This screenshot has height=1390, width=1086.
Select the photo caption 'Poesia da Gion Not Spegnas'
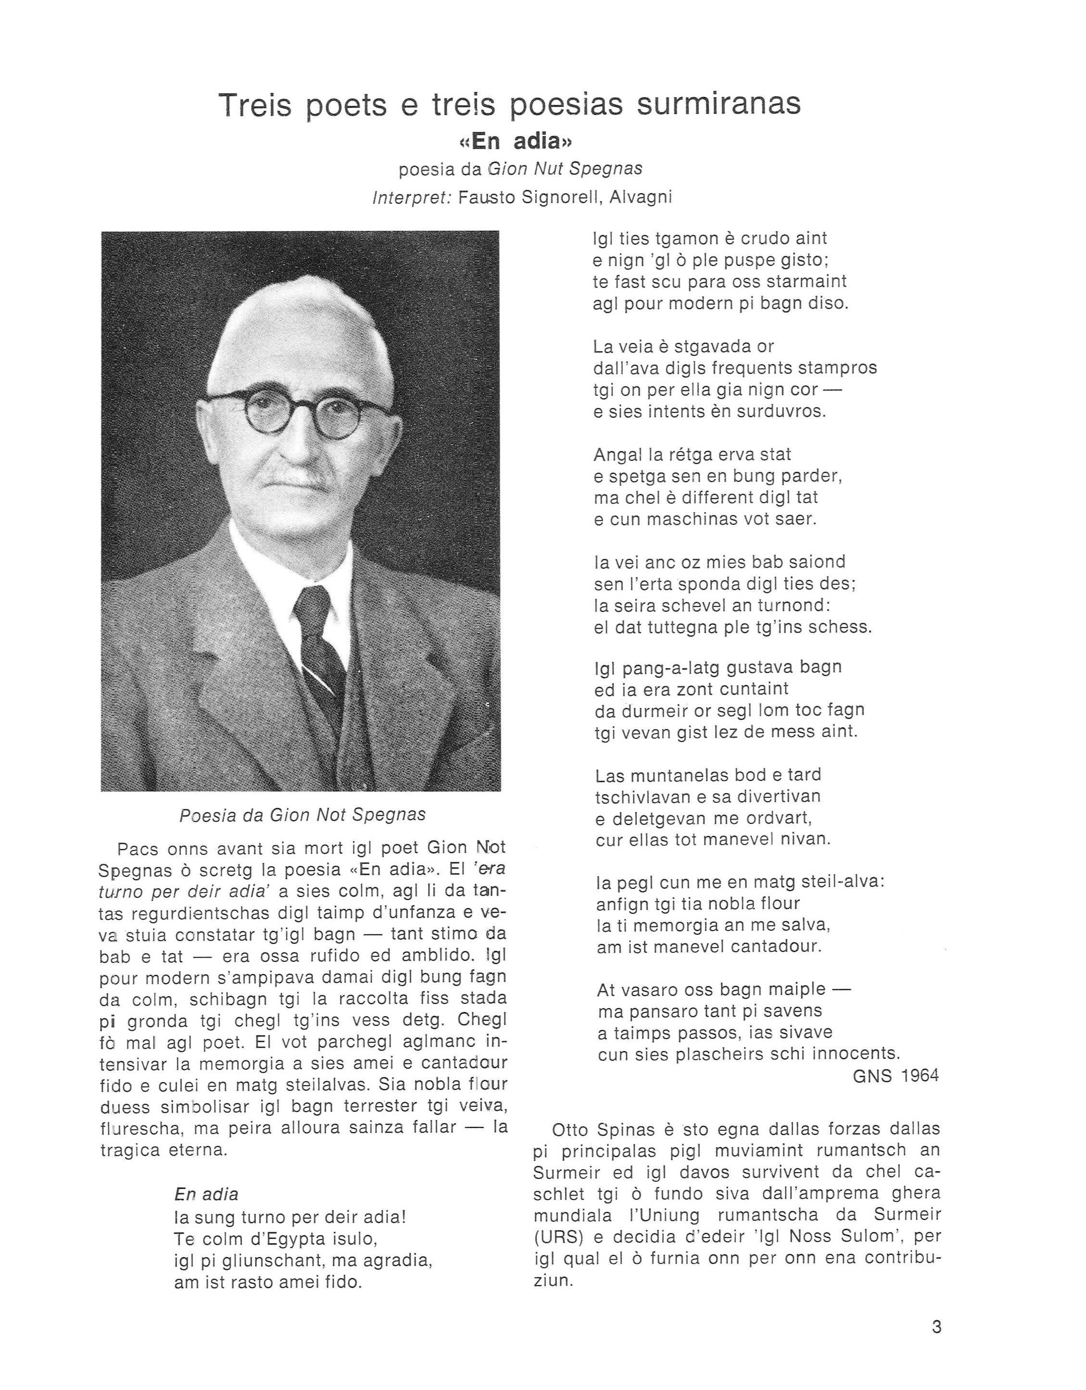coord(303,815)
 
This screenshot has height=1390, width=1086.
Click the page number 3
coord(936,1327)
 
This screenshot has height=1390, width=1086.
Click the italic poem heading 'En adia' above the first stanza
coord(206,1195)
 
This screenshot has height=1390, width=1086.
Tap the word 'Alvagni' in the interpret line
coord(641,198)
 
